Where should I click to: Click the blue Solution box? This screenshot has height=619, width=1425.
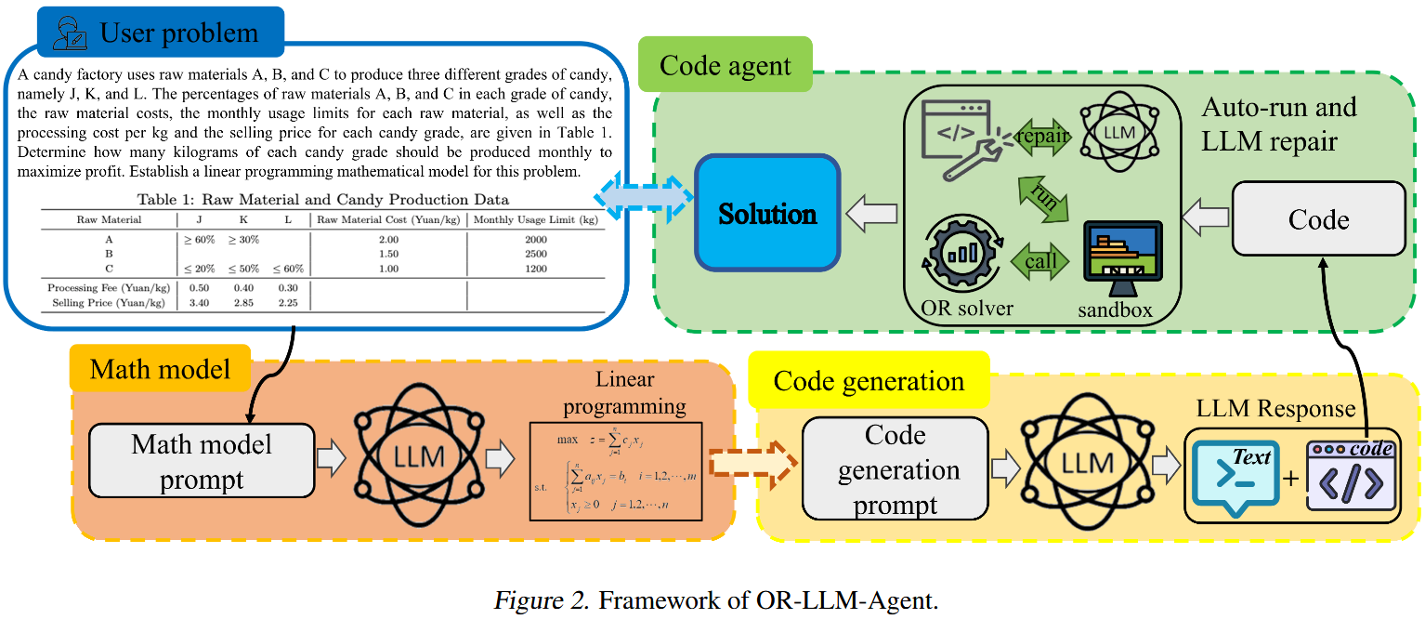768,213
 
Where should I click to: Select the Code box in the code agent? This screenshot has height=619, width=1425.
1318,218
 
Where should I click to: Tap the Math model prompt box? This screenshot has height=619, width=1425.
202,461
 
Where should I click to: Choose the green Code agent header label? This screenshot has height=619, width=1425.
726,65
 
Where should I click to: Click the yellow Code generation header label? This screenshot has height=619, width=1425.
868,380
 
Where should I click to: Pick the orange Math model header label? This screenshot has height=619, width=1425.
160,369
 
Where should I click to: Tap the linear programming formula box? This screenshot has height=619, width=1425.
616,471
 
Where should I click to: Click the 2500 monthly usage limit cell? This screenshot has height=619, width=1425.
535,254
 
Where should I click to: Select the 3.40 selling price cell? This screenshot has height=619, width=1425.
199,302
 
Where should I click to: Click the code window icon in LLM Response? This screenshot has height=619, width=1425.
1352,474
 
